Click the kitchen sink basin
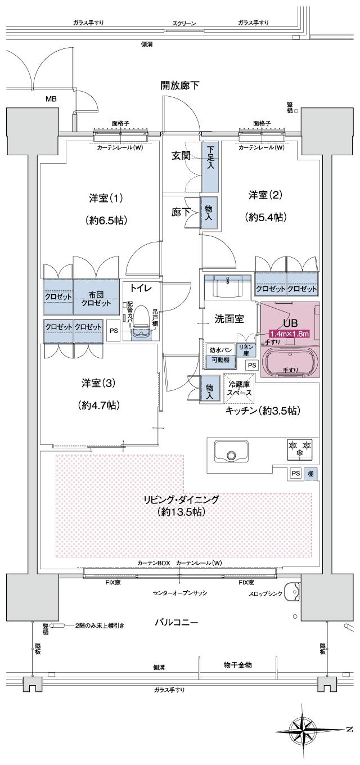tap(230, 454)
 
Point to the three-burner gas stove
tap(299, 448)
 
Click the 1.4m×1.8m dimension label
tap(289, 334)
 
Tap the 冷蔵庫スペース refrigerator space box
tap(239, 389)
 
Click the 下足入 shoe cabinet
tap(210, 160)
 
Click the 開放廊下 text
tap(180, 85)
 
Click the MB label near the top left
tap(51, 100)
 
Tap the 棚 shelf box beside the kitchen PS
tap(310, 474)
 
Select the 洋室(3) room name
tap(98, 384)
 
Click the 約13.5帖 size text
tap(181, 512)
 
